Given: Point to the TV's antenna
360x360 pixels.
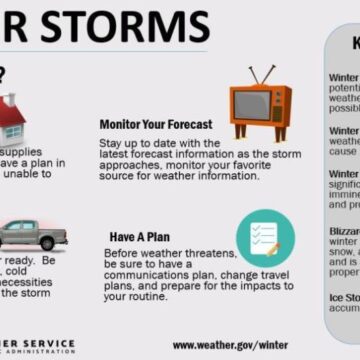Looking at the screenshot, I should click(x=260, y=76).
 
